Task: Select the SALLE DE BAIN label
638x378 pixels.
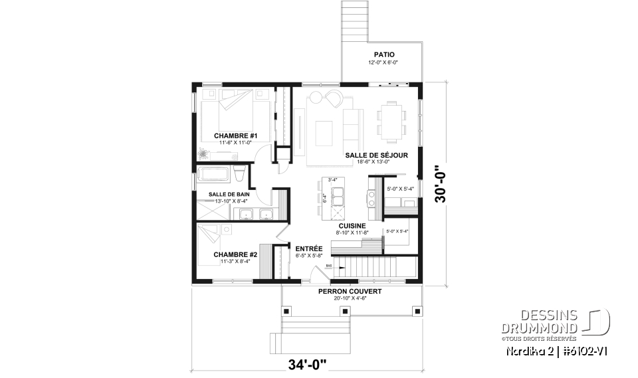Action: [229, 194]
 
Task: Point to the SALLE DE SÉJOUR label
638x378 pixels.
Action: [376, 155]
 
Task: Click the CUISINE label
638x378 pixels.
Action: [352, 226]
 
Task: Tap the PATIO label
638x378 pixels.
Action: [383, 55]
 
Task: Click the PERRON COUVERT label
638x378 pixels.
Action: [350, 291]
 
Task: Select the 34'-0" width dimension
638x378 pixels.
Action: [307, 364]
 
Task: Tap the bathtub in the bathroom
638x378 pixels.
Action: [213, 175]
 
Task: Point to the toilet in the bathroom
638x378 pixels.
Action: [240, 175]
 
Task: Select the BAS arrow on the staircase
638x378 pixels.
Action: [329, 266]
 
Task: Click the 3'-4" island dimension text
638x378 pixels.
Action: [332, 179]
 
